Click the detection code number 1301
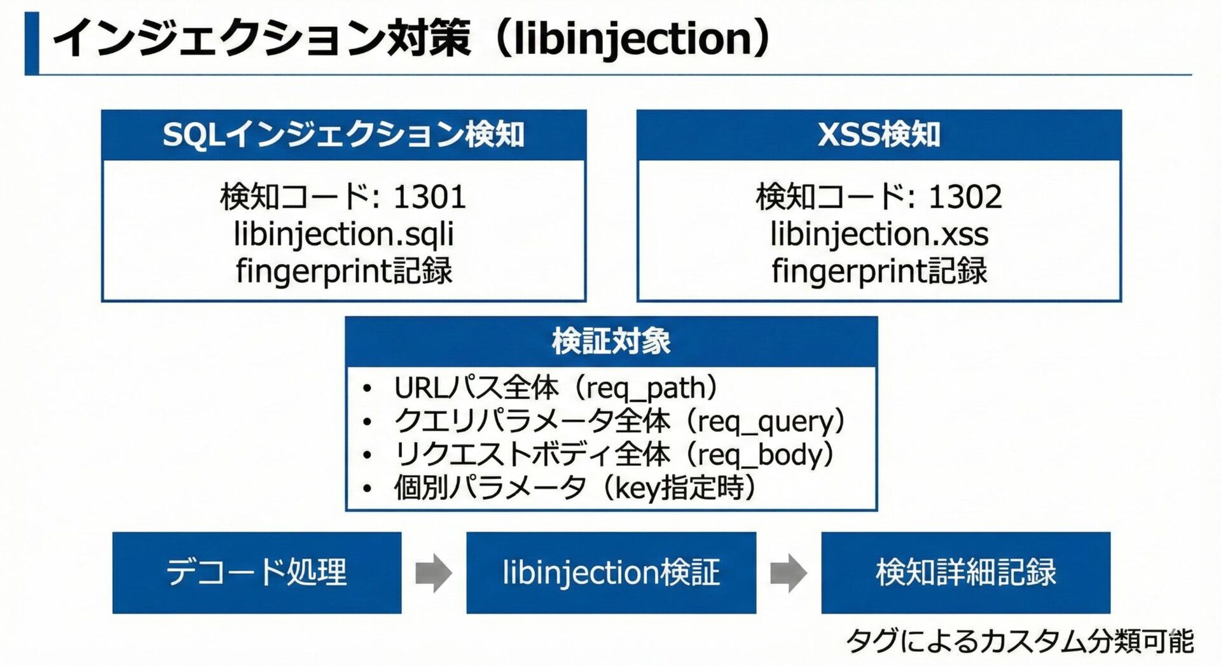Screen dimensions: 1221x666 point(430,197)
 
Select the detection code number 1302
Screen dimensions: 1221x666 point(965,197)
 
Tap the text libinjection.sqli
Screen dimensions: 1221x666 point(343,233)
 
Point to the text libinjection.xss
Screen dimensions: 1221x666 point(879,233)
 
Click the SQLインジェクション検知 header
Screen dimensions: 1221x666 point(343,135)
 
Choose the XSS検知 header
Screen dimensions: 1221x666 point(879,135)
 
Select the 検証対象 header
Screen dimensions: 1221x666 point(611,342)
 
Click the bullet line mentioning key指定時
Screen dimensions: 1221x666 point(575,488)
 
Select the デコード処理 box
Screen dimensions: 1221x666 point(257,572)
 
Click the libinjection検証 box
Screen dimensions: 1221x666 point(611,572)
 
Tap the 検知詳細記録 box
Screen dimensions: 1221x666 point(965,572)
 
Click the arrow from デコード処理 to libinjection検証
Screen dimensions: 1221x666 point(434,572)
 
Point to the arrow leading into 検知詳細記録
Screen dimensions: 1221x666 point(789,572)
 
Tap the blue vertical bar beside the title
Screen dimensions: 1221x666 point(32,43)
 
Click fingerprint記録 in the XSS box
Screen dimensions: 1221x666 point(879,271)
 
